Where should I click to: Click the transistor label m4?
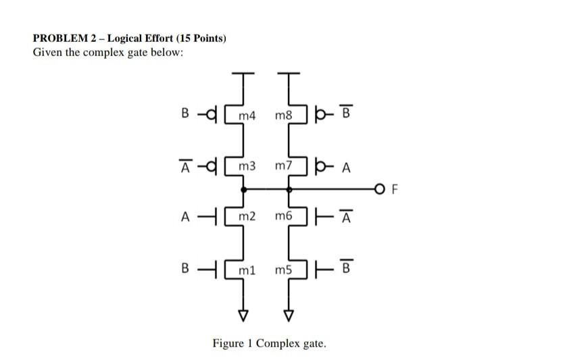[249, 116]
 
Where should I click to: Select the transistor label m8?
[284, 116]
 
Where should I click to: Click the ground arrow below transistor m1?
[241, 315]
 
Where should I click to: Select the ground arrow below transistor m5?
[289, 315]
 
